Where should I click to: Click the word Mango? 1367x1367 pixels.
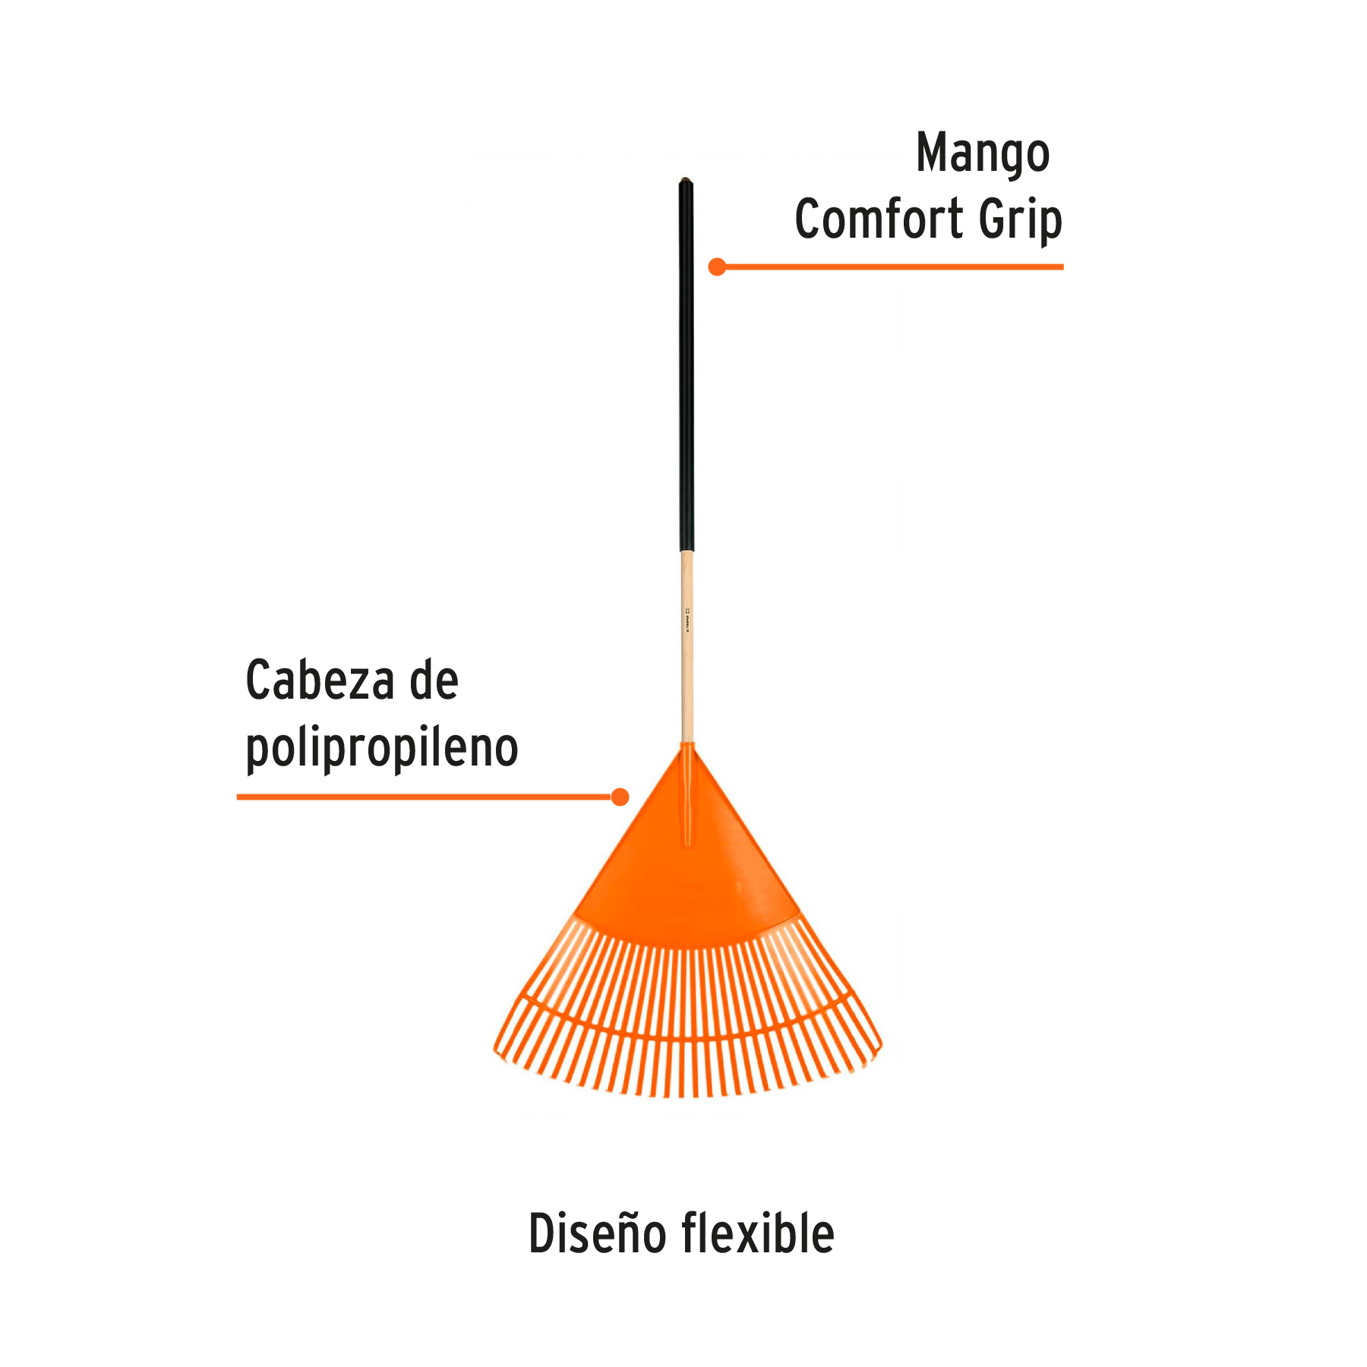click(x=983, y=155)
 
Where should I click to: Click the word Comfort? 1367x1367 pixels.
click(x=879, y=219)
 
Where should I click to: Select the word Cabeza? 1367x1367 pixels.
click(x=320, y=680)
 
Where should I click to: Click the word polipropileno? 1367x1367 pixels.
click(x=381, y=749)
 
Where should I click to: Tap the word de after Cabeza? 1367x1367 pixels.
click(x=434, y=680)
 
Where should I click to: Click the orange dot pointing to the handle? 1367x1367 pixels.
click(x=717, y=267)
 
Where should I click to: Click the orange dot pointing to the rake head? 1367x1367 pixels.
click(x=620, y=797)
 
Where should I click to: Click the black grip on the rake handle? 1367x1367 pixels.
click(x=686, y=365)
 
